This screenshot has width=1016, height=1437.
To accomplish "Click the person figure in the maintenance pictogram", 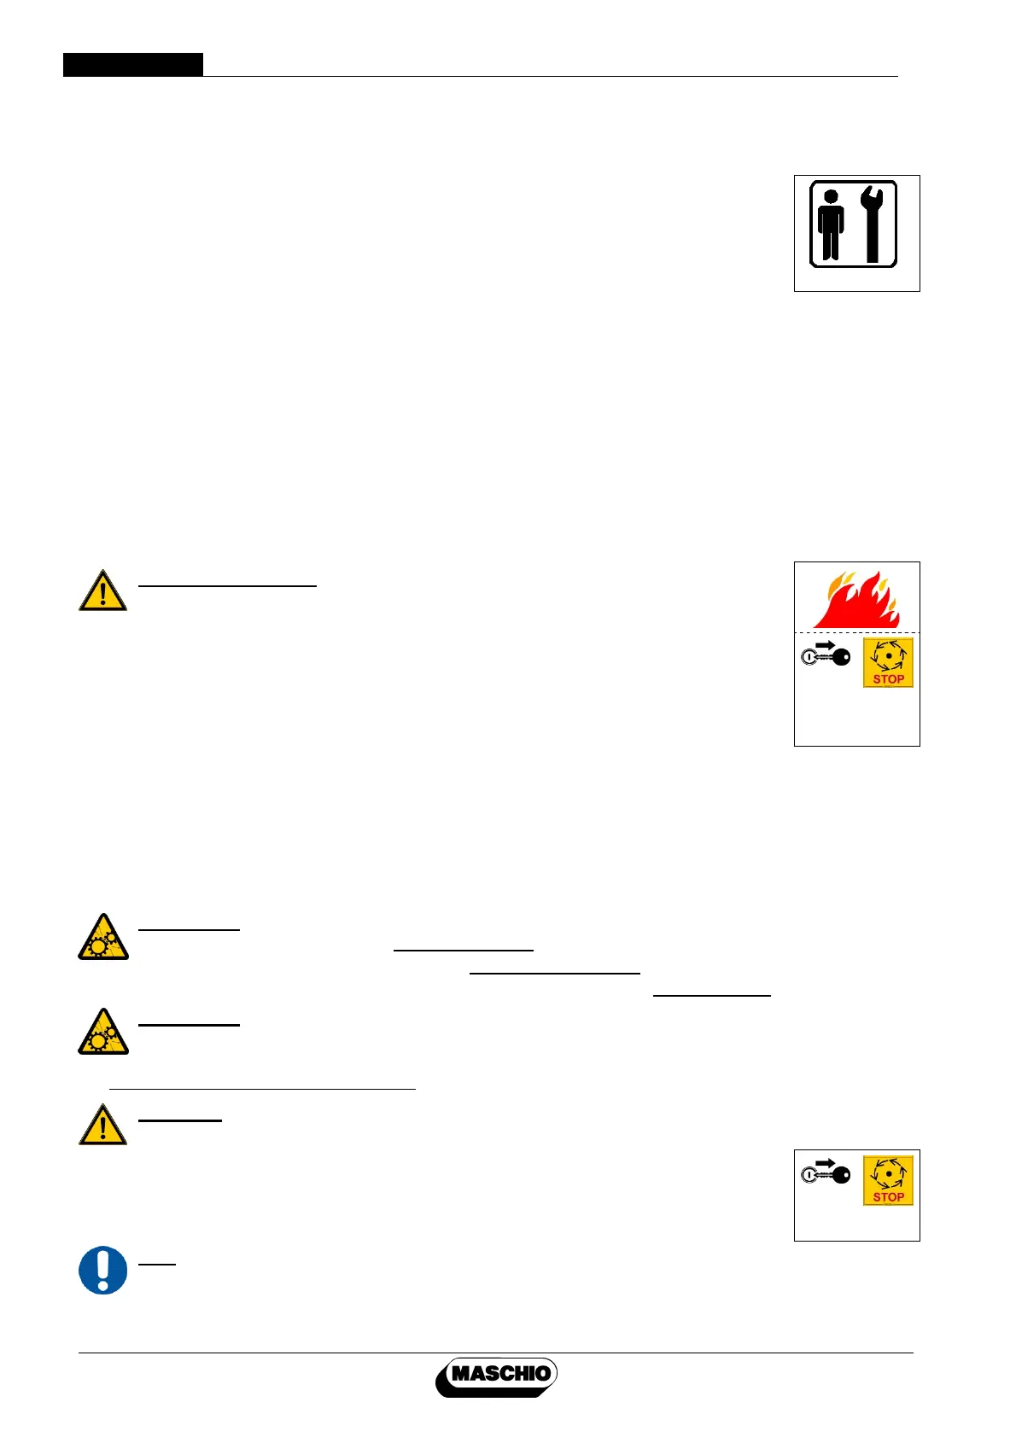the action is [830, 224].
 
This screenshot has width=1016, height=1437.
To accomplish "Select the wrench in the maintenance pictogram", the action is [872, 224].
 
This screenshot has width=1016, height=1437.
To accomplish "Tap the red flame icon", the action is [856, 600].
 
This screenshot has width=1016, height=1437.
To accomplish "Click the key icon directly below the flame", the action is [826, 657].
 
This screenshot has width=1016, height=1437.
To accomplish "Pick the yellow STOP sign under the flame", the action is [888, 662].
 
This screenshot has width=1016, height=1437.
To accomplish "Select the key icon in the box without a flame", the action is [826, 1175].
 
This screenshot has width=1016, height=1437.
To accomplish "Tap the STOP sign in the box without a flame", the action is [888, 1180].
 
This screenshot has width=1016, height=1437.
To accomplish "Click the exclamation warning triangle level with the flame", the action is [103, 591].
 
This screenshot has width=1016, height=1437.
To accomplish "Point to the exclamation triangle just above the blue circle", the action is [103, 1125].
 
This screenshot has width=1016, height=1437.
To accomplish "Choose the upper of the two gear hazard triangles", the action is [103, 937].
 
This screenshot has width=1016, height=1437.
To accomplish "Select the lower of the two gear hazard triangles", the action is [103, 1032].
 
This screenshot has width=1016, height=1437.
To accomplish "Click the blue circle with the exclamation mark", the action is [103, 1270].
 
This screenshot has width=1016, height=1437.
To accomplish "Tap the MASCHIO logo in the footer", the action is [498, 1376].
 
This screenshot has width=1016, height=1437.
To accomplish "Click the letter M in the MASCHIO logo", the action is [461, 1374].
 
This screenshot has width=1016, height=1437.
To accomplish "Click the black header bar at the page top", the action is [133, 65].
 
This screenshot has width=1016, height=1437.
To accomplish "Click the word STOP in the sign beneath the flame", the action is [888, 679].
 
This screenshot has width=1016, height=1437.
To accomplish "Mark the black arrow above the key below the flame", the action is [825, 646].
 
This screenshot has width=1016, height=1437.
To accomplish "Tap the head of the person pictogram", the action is [830, 195].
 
